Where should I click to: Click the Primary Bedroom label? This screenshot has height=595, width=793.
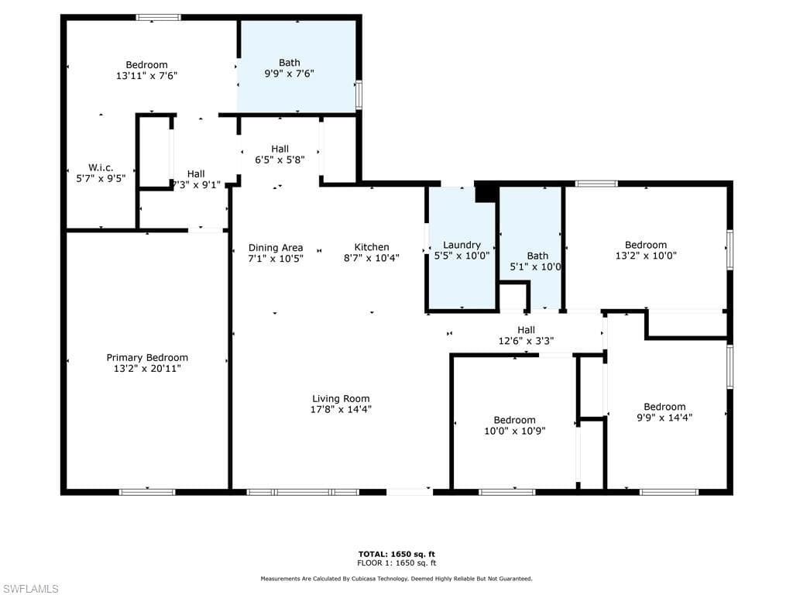coord(147,358)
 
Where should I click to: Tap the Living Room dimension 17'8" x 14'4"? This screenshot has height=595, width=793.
coord(341,410)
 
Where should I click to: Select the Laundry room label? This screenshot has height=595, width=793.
coord(462,245)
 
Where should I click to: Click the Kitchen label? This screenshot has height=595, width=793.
coord(372,247)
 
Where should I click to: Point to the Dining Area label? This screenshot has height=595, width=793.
coord(276,248)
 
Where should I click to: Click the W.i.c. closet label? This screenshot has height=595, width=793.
coord(101,167)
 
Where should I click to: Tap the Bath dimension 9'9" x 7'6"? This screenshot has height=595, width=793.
coord(290,74)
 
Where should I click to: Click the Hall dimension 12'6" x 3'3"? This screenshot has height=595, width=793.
coord(526,340)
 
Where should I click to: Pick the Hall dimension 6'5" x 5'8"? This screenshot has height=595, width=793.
coord(280,160)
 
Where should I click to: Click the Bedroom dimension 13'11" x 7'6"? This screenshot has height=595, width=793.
coord(147,76)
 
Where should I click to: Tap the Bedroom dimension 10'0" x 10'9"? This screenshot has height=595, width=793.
coord(515,431)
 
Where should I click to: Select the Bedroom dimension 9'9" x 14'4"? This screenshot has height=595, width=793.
coord(664,417)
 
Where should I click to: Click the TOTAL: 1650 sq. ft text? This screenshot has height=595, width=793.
coord(396,554)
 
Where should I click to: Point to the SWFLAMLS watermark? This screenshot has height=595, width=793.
coord(30,589)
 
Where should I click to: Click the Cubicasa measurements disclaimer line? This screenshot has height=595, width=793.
coord(396,579)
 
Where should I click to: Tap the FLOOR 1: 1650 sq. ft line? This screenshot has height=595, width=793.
coord(396,563)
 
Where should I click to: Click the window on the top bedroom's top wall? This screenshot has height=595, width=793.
coord(158,17)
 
